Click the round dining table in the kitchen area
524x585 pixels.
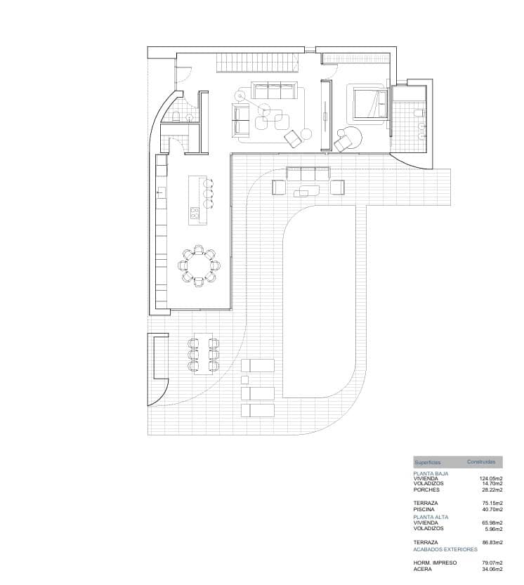(199, 265)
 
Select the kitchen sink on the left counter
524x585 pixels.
(161, 191)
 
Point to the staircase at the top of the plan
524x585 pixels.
(260, 64)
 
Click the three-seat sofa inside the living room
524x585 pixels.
(275, 91)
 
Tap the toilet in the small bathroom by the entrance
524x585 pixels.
(176, 117)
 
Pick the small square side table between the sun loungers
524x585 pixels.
(244, 380)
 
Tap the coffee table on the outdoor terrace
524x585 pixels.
(306, 189)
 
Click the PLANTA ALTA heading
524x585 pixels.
(431, 517)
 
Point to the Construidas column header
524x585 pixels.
(481, 462)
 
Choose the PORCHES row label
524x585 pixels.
(426, 490)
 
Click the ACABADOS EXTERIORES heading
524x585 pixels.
(445, 549)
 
